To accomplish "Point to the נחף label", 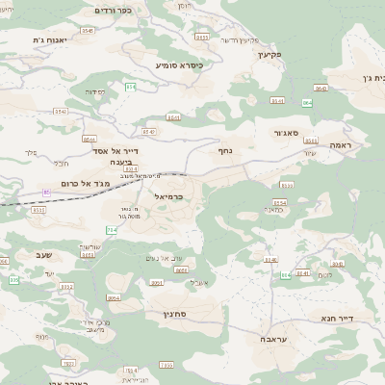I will (x=223, y=149).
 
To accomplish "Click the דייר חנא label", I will (x=336, y=318).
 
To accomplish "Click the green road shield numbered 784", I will (x=111, y=230).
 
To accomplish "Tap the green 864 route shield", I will (x=308, y=102).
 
